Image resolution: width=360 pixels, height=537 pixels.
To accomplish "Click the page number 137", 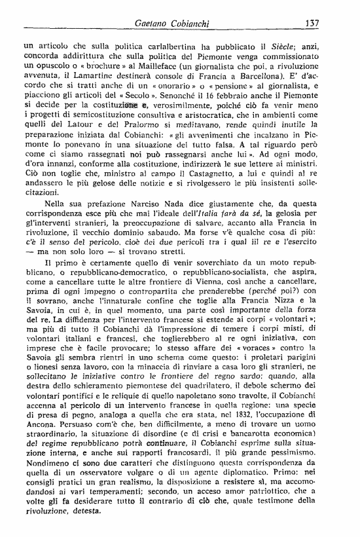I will click(312, 24).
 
